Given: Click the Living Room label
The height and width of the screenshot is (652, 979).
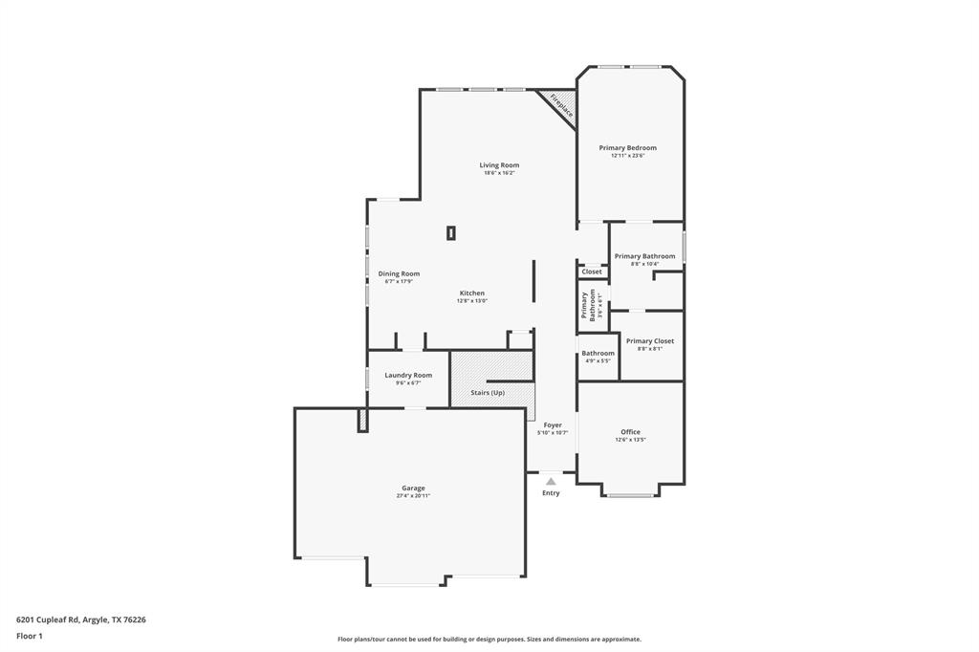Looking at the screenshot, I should [499, 165].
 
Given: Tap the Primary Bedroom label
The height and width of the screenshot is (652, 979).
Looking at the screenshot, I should [627, 148].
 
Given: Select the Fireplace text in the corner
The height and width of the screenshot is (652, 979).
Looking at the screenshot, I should [561, 105].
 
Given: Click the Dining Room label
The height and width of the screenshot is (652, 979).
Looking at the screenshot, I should [399, 273].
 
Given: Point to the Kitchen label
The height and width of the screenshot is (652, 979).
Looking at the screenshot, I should [471, 293].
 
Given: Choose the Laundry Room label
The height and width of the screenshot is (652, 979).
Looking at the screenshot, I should [408, 375].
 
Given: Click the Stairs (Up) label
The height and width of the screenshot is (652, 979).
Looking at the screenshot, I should [487, 393].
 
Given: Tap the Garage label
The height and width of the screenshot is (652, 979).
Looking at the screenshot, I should [413, 488].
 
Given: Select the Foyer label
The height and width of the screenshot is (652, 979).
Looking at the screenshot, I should [553, 424].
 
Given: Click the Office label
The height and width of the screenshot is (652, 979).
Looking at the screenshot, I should [630, 432].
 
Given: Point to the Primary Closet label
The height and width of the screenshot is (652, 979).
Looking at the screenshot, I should [649, 341].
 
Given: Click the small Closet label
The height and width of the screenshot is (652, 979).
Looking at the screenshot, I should [592, 272].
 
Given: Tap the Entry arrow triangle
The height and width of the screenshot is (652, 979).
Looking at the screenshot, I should [551, 481].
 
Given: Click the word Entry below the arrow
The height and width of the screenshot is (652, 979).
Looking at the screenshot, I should [551, 493].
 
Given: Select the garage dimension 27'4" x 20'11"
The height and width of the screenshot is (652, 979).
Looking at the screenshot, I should [413, 496].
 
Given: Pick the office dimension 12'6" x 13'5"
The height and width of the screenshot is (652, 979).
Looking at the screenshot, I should [630, 440].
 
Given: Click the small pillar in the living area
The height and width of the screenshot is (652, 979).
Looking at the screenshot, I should [451, 232].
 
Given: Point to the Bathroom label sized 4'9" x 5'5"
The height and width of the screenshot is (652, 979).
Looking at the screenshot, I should [598, 354].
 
